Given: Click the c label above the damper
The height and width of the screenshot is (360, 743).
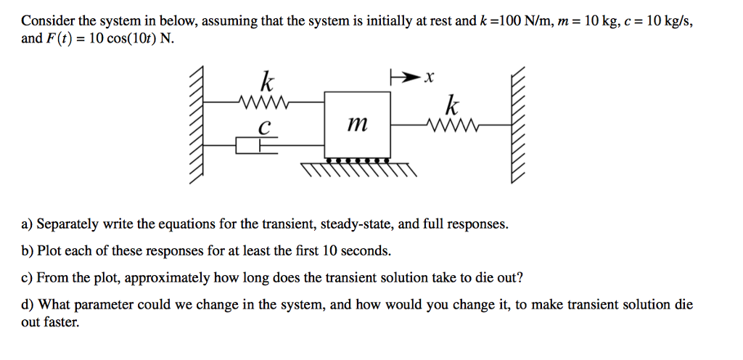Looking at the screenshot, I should pos(265,128).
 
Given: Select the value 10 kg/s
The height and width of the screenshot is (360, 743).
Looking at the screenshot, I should pos(668,21).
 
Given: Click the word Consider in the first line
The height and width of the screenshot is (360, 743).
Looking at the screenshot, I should pos(47,21).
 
